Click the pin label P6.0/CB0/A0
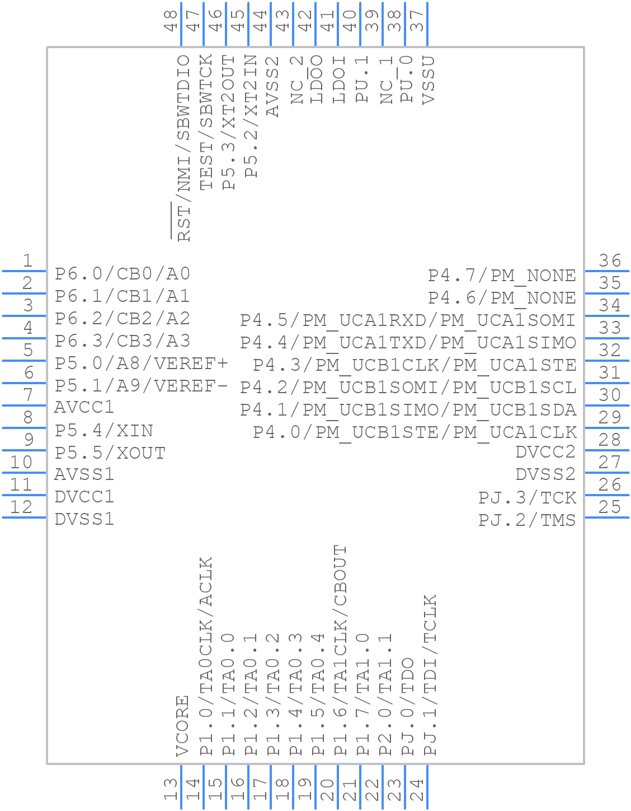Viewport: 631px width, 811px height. [123, 274]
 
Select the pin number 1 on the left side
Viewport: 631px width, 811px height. [27, 260]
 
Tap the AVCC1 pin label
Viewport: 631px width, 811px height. [84, 407]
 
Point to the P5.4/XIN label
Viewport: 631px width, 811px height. [104, 431]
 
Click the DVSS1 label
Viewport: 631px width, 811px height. [84, 519]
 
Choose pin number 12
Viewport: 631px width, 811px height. [21, 507]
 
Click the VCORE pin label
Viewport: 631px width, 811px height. [183, 726]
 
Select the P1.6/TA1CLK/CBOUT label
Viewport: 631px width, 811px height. [340, 650]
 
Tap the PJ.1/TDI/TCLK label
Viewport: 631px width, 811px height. [430, 675]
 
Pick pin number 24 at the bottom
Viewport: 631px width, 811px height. [417, 790]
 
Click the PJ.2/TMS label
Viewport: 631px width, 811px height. [527, 520]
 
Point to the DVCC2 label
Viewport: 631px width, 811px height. [545, 452]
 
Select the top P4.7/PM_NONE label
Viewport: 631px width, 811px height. [502, 276]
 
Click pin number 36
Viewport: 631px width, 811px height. [610, 260]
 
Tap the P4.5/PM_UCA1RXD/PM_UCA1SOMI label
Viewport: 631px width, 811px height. [408, 320]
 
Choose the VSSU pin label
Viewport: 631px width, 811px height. [428, 80]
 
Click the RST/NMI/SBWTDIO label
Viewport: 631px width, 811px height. [183, 148]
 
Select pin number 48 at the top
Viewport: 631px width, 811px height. [171, 21]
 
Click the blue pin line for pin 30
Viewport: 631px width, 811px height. [607, 405]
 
